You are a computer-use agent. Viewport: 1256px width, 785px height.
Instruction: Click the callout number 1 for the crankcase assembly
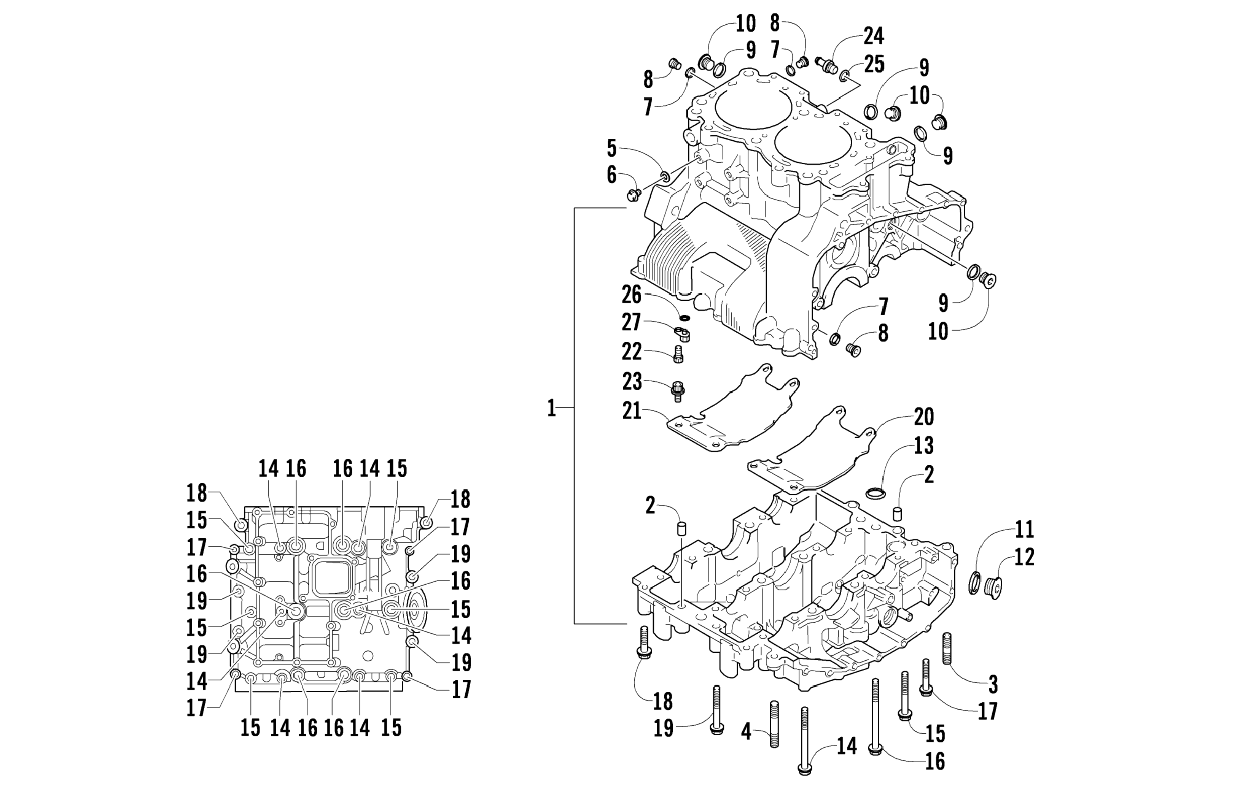[551, 409]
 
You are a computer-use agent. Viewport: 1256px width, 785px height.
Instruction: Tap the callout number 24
[874, 36]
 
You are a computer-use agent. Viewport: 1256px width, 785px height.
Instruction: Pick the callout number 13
[923, 446]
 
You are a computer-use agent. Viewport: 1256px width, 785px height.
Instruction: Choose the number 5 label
[611, 149]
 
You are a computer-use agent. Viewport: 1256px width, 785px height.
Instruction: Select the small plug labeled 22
[678, 354]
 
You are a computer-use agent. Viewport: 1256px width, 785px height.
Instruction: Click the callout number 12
[1024, 557]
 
